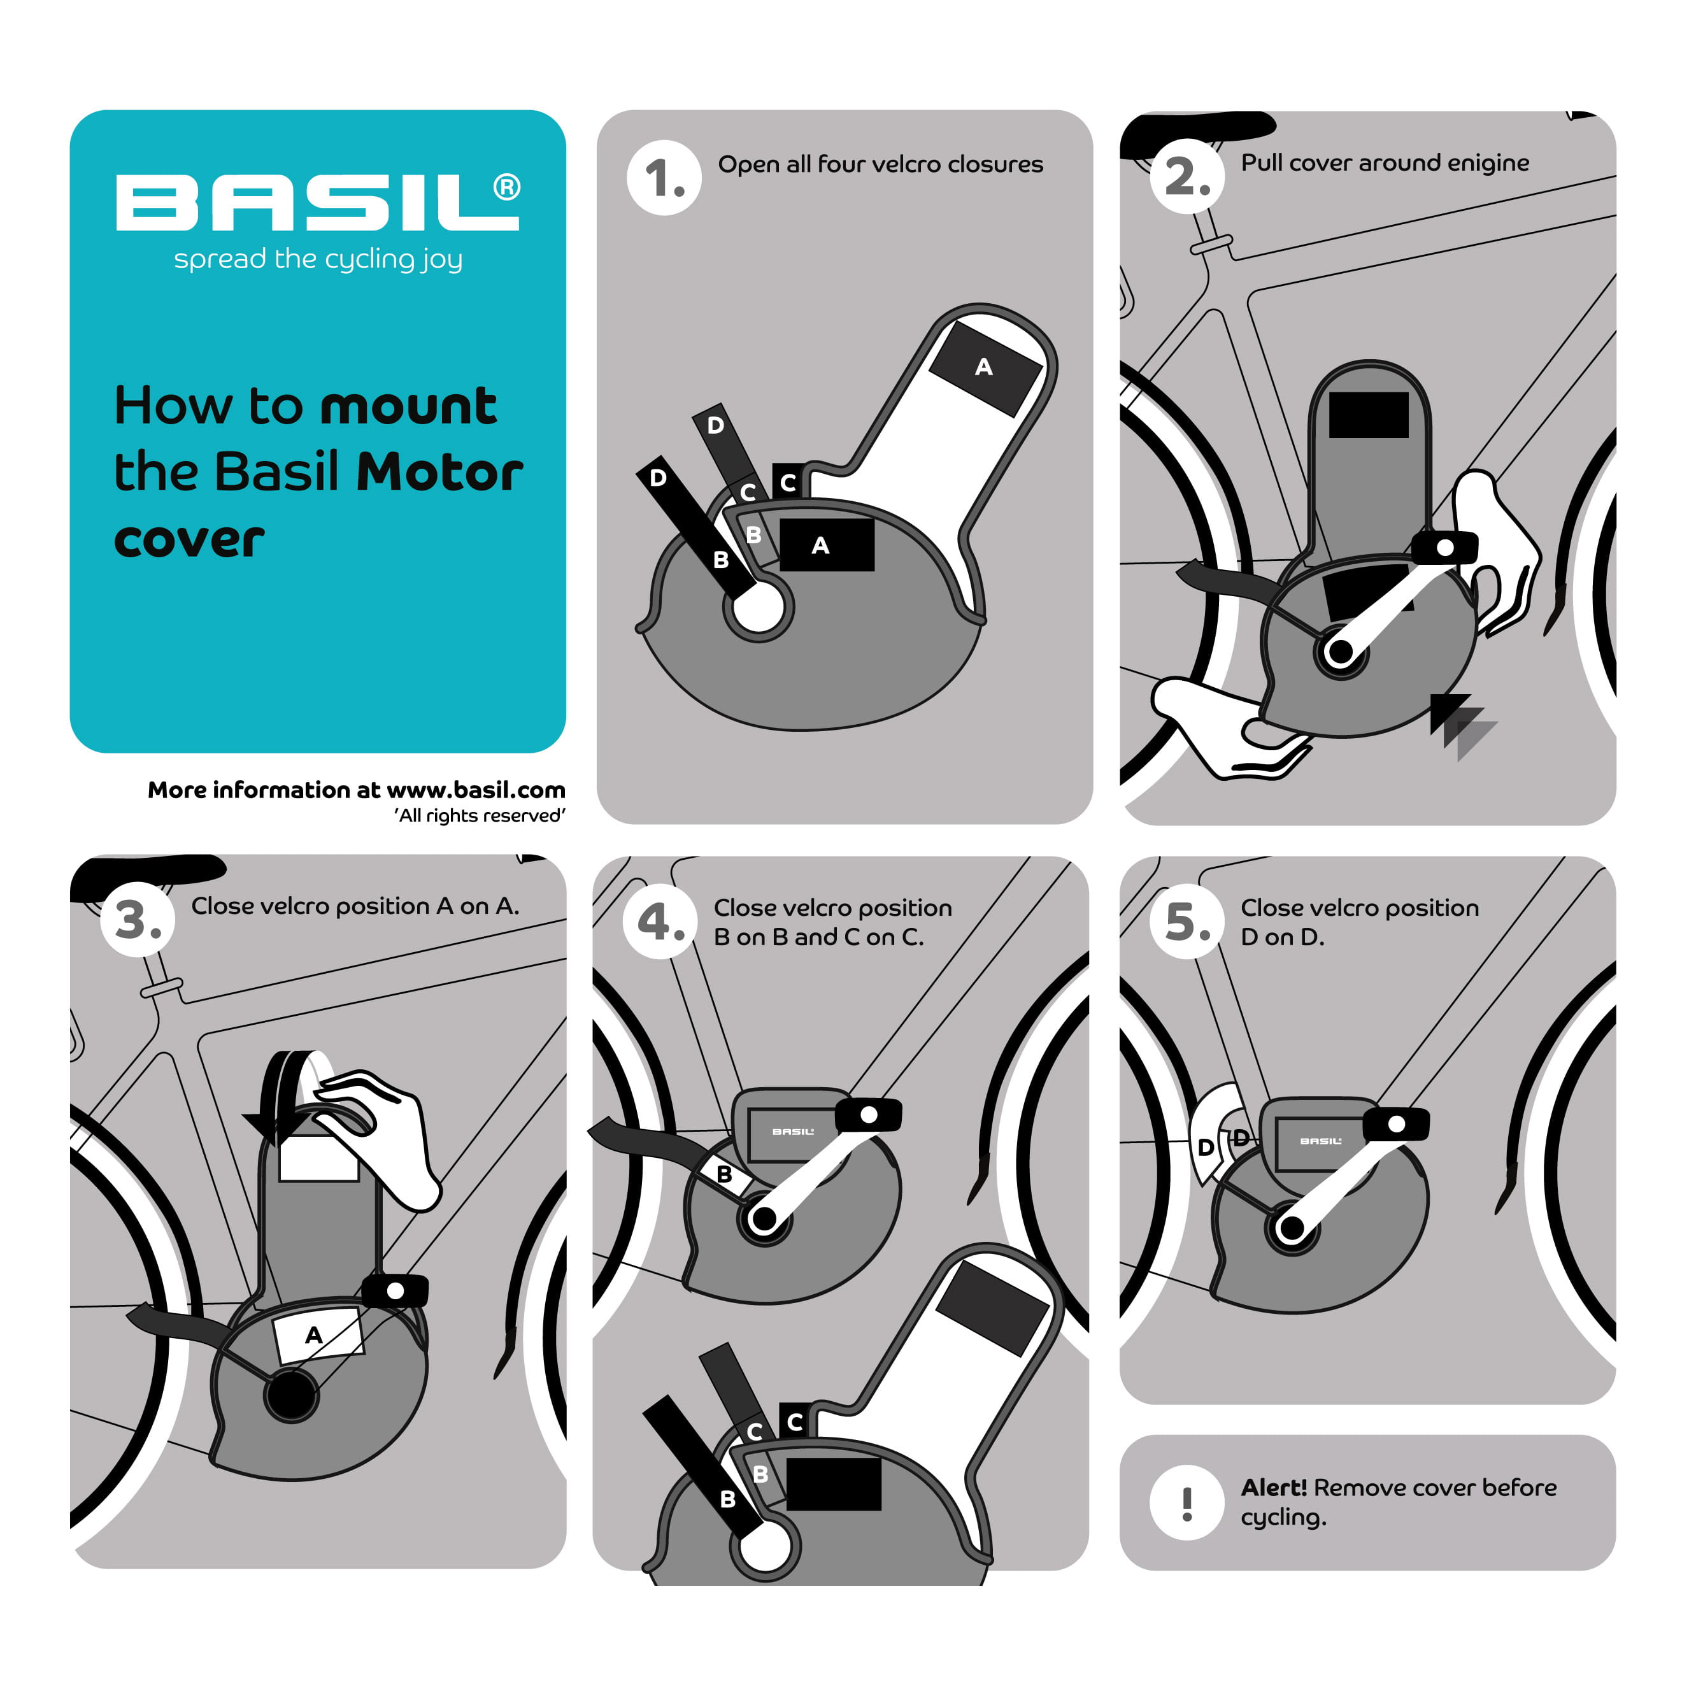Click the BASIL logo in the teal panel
(317, 203)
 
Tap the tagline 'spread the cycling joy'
(317, 260)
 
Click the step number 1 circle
(664, 178)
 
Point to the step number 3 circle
(138, 920)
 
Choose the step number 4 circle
(660, 922)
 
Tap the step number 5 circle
(1187, 922)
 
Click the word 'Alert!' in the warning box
(1273, 1487)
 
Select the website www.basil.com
(476, 790)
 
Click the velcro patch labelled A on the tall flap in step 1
(985, 367)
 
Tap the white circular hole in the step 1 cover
(757, 607)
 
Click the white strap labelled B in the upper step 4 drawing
(724, 1174)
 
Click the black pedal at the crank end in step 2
(1444, 548)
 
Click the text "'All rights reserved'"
(479, 816)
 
